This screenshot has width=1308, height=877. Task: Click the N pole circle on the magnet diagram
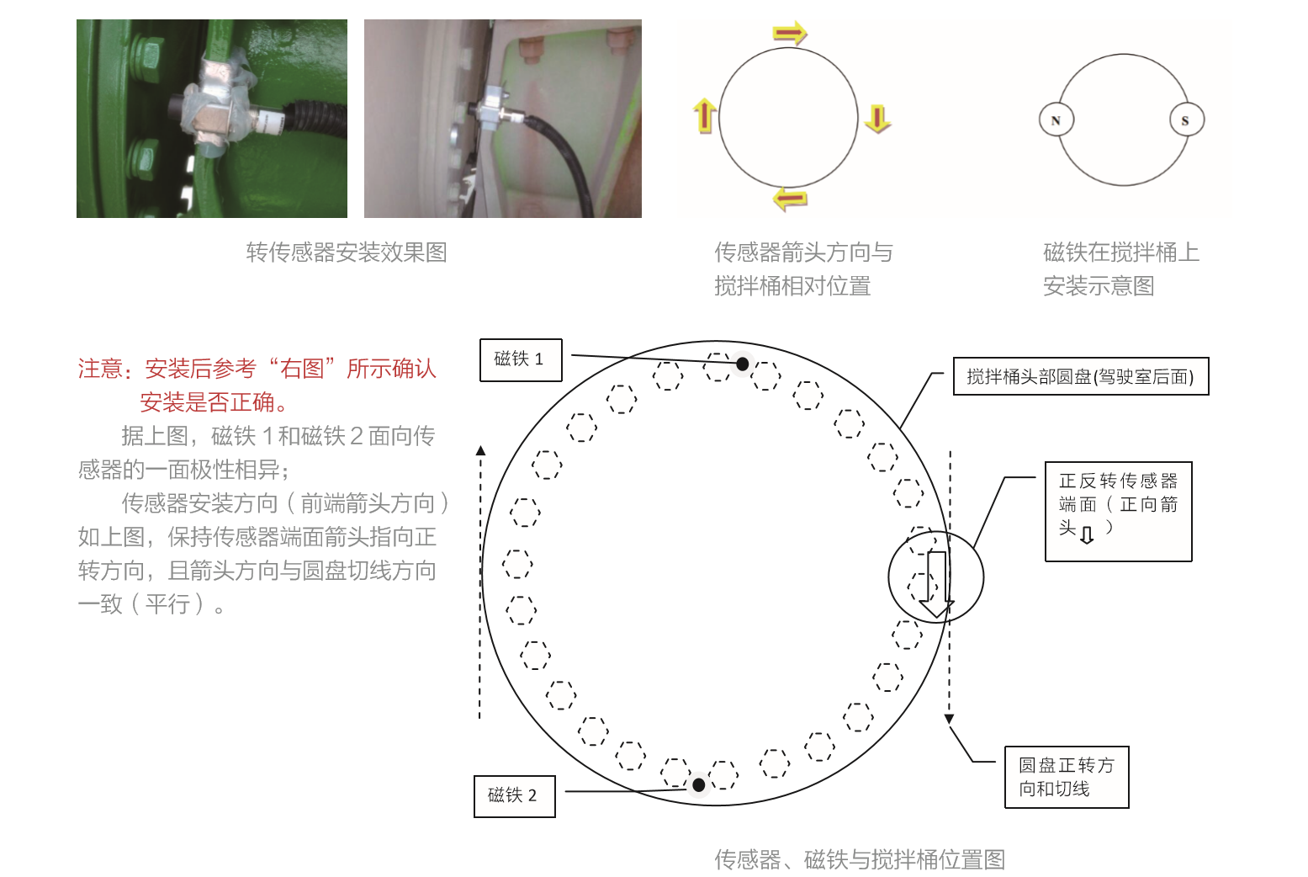coord(1056,120)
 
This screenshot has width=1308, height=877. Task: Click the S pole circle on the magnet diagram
coord(1187,120)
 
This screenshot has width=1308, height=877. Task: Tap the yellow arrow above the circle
coord(790,33)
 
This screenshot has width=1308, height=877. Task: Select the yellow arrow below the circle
coord(790,199)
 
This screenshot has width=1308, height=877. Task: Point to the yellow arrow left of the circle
coord(704,115)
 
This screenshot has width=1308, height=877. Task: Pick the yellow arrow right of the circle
coord(877,119)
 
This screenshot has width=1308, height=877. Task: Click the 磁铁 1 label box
coord(521,360)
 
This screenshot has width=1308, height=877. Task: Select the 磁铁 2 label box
coord(515,796)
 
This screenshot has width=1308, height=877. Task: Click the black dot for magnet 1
coord(742,364)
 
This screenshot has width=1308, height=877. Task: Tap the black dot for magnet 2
coord(698,784)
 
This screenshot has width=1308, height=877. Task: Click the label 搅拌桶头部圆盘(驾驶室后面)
coord(1081,376)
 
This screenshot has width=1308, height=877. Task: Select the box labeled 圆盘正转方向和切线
coord(1067,777)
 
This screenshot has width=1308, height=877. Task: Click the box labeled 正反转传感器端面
coord(1118,511)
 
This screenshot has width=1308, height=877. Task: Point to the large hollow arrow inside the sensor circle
coord(936,584)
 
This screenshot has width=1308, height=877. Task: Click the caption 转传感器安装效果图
coord(347,252)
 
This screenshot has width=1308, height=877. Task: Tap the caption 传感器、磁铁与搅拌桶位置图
coord(860,859)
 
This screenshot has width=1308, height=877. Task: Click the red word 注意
coord(100,369)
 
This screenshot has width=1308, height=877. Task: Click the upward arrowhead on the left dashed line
coord(480,450)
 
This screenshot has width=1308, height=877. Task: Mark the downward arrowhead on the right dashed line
coord(949,719)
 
